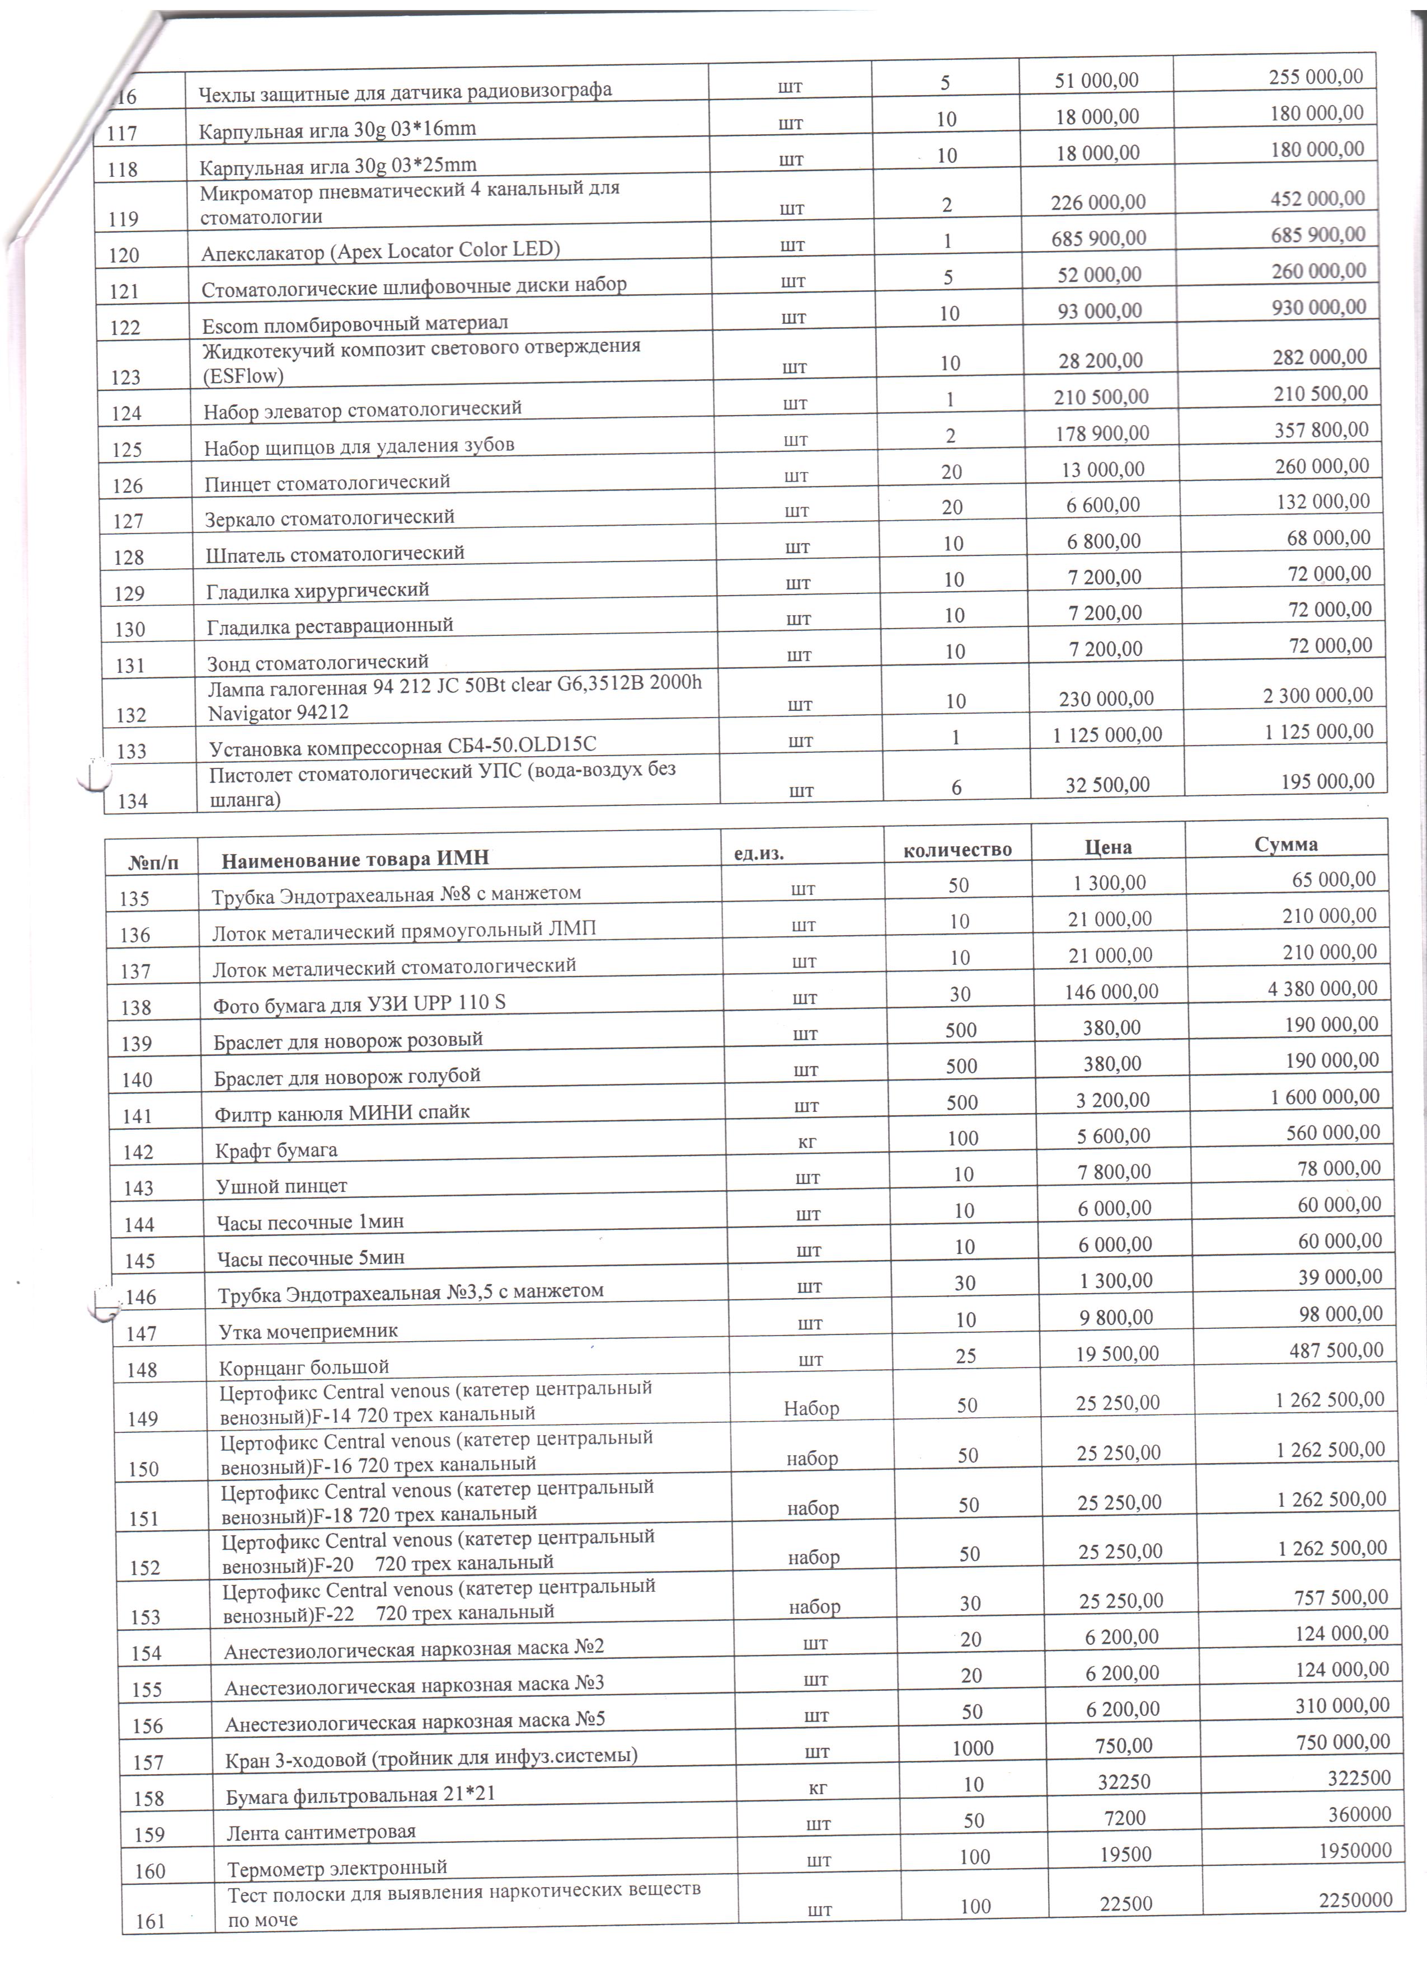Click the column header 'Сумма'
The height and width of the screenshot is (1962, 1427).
[1286, 845]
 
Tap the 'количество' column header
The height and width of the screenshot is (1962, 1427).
[957, 850]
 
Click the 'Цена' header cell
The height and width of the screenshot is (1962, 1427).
[1109, 847]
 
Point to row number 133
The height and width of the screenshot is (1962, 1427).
[132, 751]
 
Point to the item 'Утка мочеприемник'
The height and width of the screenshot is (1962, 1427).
[308, 1331]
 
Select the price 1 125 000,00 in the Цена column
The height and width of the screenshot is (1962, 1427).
[1107, 734]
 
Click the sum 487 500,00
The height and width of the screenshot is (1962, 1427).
[1336, 1350]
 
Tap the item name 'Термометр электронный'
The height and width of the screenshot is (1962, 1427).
[337, 1867]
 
